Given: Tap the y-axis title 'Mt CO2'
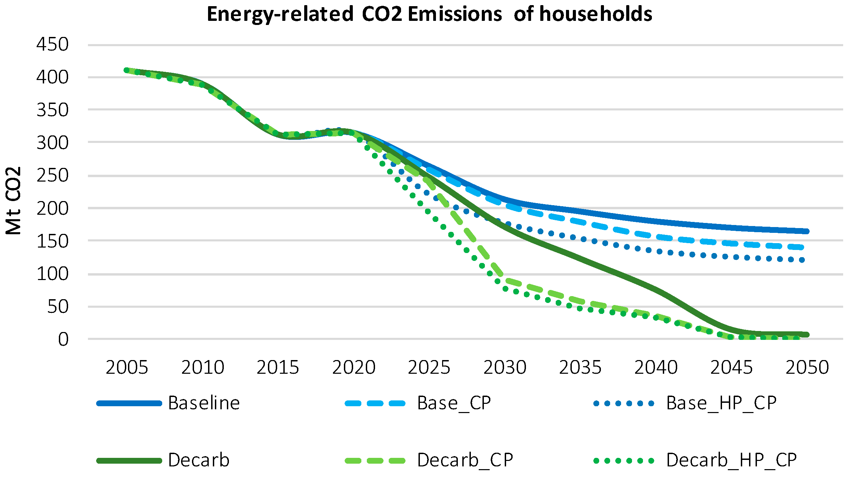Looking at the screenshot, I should [14, 201].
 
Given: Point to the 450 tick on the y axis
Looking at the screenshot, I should [52, 44].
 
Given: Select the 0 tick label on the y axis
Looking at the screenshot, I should [63, 340].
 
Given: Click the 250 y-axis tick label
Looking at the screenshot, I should [52, 176].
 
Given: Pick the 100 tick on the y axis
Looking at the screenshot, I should [52, 274].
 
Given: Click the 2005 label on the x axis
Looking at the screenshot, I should [127, 368].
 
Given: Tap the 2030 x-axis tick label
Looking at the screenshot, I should [505, 368].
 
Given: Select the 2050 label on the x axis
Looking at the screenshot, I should [807, 368].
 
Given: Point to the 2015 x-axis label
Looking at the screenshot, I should [278, 368].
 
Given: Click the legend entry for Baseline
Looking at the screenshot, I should [204, 403].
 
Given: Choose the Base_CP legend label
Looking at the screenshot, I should [454, 403].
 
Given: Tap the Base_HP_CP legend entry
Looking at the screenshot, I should [721, 403].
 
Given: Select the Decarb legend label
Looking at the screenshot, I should [198, 460].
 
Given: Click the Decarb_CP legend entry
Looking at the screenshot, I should [465, 460].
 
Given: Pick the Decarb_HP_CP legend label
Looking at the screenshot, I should [731, 460].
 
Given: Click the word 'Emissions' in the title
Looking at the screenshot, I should [455, 14].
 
